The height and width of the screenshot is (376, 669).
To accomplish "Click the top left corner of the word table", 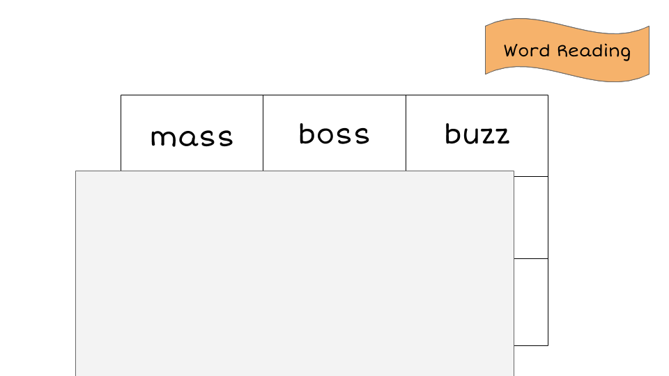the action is click(121, 95).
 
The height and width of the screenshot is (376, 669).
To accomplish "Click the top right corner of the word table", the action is click(548, 95).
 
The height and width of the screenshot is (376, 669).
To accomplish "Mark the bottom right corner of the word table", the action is click(548, 346).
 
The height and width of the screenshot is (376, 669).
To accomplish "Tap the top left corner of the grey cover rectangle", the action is click(75, 171).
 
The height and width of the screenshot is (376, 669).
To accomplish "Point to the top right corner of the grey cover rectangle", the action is click(514, 171).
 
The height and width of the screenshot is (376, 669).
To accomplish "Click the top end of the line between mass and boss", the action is click(263, 95).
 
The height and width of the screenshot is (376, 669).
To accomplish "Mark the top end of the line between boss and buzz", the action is click(406, 95).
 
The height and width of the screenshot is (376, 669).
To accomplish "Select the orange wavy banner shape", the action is click(567, 50).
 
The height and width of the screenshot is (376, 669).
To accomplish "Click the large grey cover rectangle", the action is click(295, 273).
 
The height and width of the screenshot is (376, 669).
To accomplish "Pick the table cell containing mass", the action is click(192, 133).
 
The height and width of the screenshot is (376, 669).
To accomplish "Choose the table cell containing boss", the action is click(334, 133).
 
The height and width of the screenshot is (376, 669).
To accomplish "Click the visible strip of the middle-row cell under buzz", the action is click(531, 217).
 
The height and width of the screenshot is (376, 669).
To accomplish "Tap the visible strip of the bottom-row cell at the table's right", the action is click(531, 302).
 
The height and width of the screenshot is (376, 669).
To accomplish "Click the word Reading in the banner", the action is click(594, 51).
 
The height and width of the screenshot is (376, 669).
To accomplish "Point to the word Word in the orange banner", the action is click(527, 50).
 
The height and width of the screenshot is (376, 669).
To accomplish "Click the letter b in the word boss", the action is click(307, 134).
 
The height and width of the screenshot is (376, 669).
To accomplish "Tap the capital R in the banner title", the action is click(564, 50).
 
